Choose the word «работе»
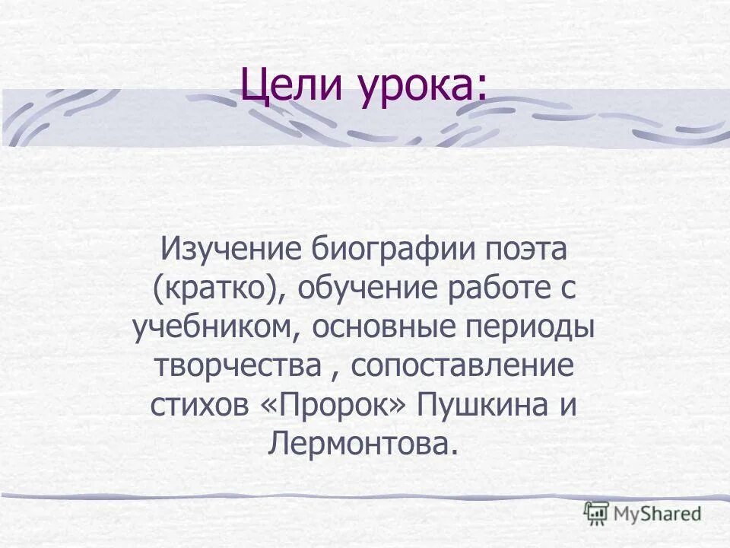pyautogui.click(x=495, y=289)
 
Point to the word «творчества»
pyautogui.click(x=237, y=366)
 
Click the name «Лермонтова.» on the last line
pyautogui.click(x=364, y=444)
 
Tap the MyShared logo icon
pyautogui.click(x=597, y=512)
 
